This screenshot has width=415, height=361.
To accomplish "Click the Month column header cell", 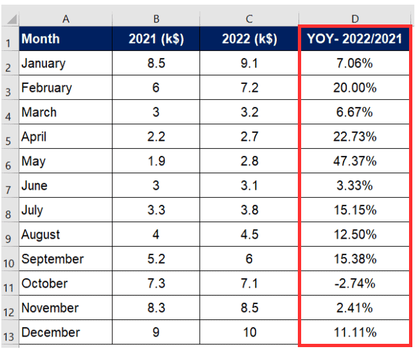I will (65, 39).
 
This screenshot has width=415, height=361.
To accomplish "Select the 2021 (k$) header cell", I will (156, 39).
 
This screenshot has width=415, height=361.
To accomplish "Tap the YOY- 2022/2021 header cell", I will (354, 39).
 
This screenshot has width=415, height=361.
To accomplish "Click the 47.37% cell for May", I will (354, 161).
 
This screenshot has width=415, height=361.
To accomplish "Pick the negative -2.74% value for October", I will (354, 284).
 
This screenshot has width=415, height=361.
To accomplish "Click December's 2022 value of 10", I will (249, 333).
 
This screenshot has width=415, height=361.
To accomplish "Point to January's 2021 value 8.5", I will (156, 63).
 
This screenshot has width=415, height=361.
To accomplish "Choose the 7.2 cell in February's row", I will (249, 88).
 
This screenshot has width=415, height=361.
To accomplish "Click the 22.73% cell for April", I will (354, 137).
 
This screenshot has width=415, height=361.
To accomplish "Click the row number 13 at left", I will (9, 334).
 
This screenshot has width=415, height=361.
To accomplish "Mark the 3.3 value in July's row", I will (156, 210).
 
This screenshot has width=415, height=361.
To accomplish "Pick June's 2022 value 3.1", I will (249, 186).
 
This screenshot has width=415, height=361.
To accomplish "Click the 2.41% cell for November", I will (354, 308).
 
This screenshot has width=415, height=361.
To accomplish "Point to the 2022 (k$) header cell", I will (249, 39).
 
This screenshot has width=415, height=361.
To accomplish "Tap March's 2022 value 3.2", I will (249, 112).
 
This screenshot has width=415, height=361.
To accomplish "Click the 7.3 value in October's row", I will (156, 284).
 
